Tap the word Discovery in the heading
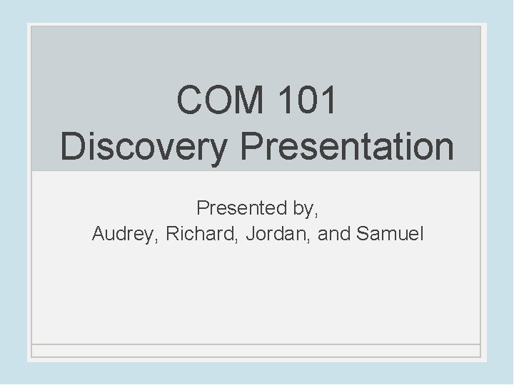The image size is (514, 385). pyautogui.click(x=146, y=146)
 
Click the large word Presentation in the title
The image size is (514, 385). pyautogui.click(x=347, y=146)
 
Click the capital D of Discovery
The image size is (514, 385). pyautogui.click(x=73, y=146)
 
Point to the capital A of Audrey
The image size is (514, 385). pyautogui.click(x=99, y=233)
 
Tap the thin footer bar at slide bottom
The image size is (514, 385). pyautogui.click(x=256, y=350)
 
